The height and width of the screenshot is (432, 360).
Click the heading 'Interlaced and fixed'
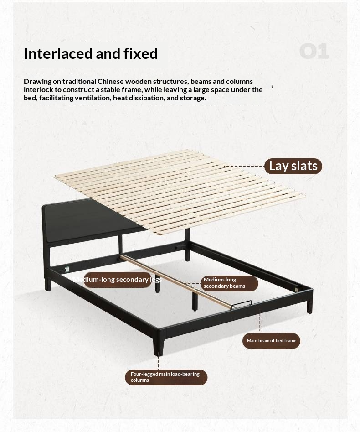click(91, 53)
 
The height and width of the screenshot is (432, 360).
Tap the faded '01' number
click(314, 52)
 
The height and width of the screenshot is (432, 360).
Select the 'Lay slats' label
click(293, 166)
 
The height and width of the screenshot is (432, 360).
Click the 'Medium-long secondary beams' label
click(229, 283)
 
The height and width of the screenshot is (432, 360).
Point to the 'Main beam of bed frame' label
click(271, 341)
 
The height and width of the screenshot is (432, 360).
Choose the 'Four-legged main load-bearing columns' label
click(166, 377)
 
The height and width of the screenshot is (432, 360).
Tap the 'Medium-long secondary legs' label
click(117, 280)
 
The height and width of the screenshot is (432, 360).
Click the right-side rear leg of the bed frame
click(310, 303)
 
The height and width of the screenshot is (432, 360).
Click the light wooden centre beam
click(178, 283)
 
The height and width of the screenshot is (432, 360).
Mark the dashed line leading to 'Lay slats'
click(244, 166)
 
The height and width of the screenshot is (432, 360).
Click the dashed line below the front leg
click(159, 363)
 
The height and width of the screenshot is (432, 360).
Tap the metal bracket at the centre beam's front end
click(241, 305)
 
